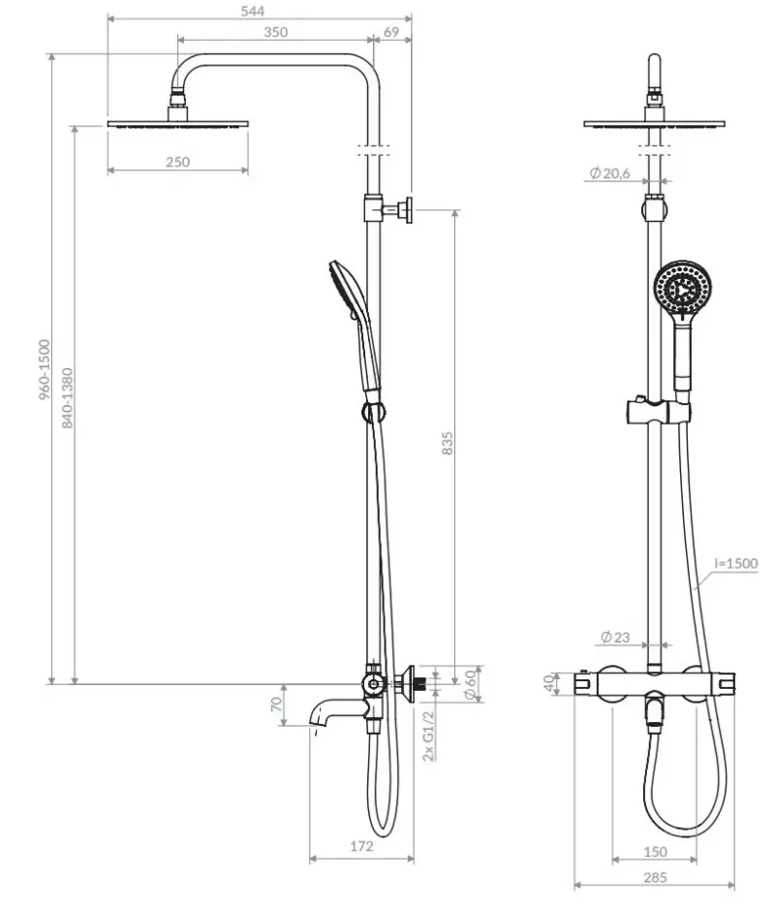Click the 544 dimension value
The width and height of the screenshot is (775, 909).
pyautogui.click(x=252, y=11)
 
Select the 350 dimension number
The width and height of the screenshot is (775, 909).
pyautogui.click(x=275, y=33)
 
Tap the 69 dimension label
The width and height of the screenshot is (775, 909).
pyautogui.click(x=391, y=33)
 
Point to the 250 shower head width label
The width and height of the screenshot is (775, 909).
pyautogui.click(x=177, y=163)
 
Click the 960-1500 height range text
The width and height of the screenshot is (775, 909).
pyautogui.click(x=45, y=369)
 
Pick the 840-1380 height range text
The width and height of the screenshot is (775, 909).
pyautogui.click(x=67, y=398)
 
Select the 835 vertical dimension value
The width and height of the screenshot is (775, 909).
pyautogui.click(x=447, y=443)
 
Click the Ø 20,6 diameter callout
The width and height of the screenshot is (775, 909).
pyautogui.click(x=609, y=172)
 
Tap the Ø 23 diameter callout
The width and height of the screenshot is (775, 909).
pyautogui.click(x=615, y=637)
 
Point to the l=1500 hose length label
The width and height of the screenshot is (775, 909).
pyautogui.click(x=735, y=563)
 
